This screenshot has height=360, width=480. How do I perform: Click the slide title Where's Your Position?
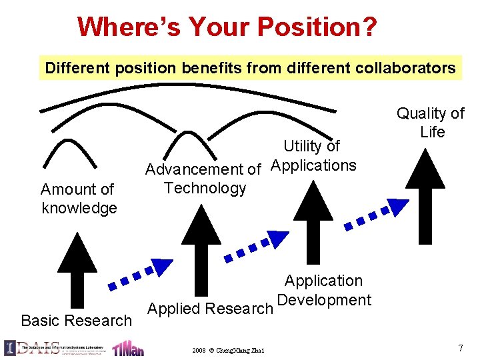[x=227, y=27]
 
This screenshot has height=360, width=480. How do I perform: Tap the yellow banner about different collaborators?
[x=250, y=67]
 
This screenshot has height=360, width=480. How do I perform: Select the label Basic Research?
[x=77, y=321]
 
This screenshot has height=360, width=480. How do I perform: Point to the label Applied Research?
[x=210, y=309]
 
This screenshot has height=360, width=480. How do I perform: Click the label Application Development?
[x=323, y=291]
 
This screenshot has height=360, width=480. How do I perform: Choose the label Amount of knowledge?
[x=79, y=199]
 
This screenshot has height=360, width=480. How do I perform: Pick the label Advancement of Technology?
[x=203, y=179]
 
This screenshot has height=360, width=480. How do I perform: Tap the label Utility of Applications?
[x=313, y=155]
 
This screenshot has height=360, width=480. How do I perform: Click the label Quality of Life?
[x=431, y=123]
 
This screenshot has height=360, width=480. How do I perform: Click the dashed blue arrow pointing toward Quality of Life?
[x=376, y=214]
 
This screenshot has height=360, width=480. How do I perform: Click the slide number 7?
[x=461, y=347]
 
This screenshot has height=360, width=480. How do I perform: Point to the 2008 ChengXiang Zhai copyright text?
[x=227, y=350]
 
